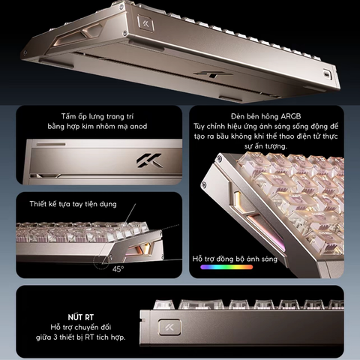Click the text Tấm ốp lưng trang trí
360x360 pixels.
click(x=105, y=116)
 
